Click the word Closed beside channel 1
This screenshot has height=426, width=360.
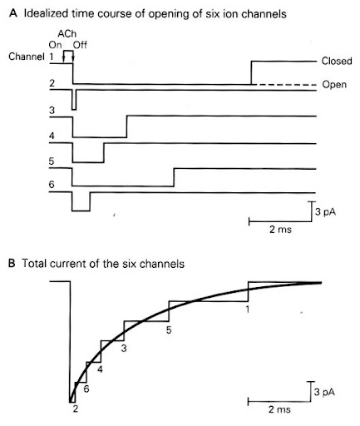click(337, 61)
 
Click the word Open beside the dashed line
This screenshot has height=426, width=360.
click(334, 85)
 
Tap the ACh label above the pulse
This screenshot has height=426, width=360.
click(67, 33)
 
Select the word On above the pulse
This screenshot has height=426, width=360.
click(55, 45)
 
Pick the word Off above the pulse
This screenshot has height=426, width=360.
click(80, 45)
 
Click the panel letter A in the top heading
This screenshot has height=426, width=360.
click(13, 13)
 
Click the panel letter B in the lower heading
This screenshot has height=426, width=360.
click(12, 263)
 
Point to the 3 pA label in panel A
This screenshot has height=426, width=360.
click(326, 212)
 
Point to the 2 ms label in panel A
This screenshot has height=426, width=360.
click(280, 230)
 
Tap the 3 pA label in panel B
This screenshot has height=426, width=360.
click(324, 392)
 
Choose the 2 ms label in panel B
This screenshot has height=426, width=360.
click(279, 409)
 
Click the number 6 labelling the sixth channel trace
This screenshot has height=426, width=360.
click(52, 185)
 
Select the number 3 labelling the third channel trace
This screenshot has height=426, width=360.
click(52, 111)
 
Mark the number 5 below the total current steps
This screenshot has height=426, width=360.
click(169, 330)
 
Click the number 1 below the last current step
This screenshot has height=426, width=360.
click(248, 309)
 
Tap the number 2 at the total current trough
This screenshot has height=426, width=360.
click(76, 409)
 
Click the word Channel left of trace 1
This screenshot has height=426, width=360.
click(27, 57)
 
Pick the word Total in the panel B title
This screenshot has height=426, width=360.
click(34, 263)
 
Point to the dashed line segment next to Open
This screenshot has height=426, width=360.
click(285, 85)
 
